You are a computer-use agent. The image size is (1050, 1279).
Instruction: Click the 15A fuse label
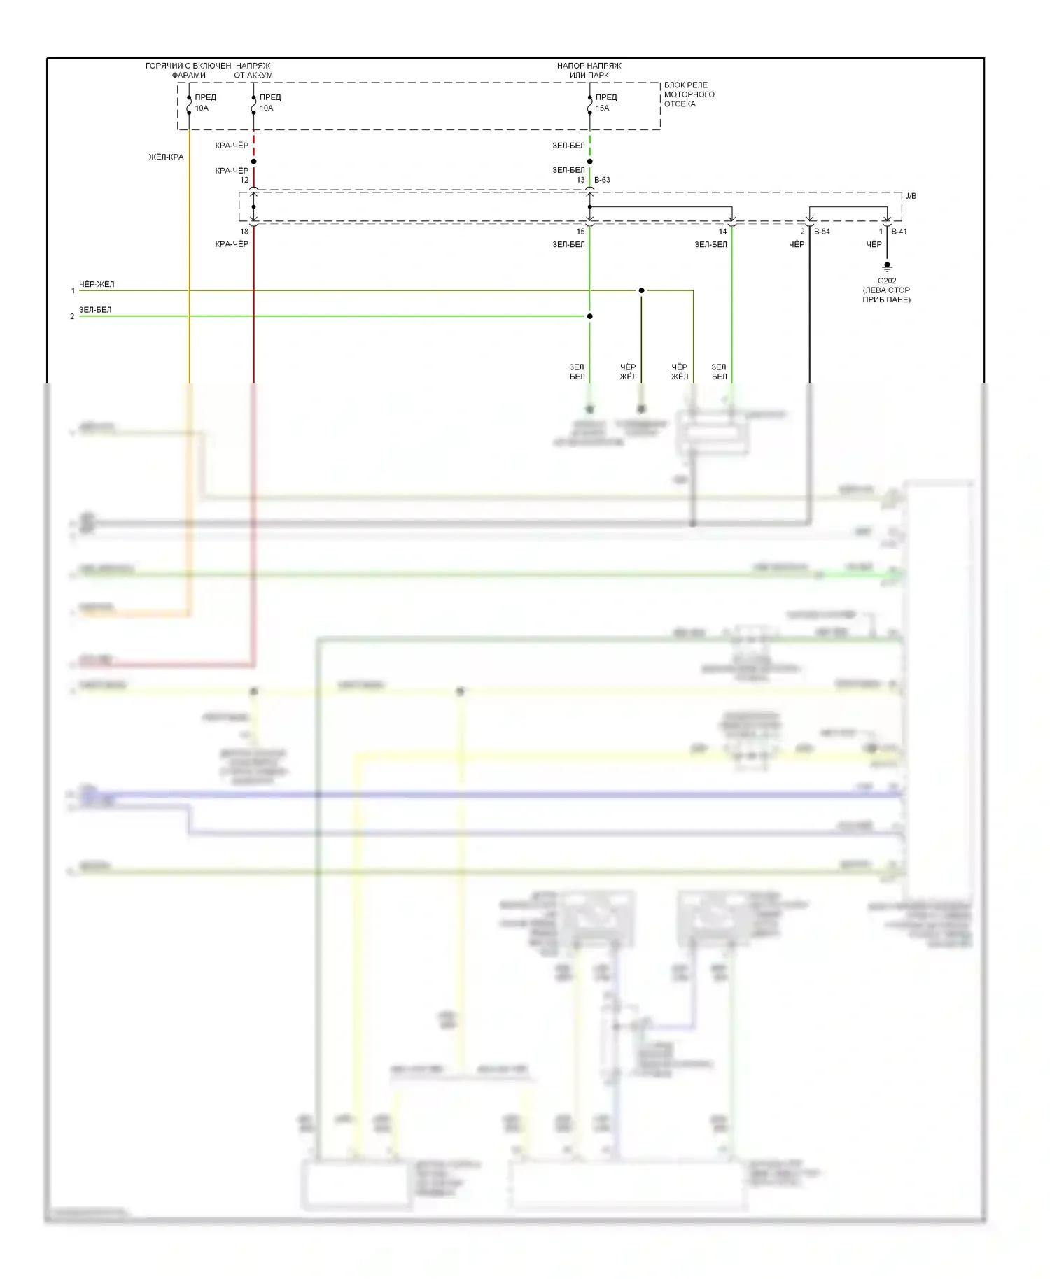tap(602, 108)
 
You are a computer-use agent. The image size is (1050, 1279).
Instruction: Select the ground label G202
tap(886, 281)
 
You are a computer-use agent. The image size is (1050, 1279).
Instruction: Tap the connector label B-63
tap(602, 180)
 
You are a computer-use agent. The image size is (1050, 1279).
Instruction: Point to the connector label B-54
tap(822, 232)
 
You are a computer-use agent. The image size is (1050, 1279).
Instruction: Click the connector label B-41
tap(899, 232)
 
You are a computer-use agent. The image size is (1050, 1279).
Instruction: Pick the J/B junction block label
tap(910, 196)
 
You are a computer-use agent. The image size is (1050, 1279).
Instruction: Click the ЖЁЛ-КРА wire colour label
tap(166, 157)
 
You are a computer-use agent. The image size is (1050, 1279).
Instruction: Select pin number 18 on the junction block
tap(244, 232)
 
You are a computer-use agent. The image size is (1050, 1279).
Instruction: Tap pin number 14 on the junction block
tap(722, 232)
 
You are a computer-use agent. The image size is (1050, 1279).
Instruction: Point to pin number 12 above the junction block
tap(244, 180)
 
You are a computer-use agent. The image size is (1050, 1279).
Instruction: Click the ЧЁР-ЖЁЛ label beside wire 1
tap(97, 284)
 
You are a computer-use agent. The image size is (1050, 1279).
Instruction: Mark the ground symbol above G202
tap(887, 267)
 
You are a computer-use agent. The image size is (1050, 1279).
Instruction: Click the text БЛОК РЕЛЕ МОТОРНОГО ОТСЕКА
tap(689, 94)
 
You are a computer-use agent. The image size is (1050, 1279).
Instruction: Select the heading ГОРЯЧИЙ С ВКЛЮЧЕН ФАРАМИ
tap(188, 70)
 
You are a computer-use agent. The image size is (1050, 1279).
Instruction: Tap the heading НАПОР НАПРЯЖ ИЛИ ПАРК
tap(589, 70)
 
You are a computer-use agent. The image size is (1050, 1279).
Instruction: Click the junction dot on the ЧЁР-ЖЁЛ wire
tap(641, 290)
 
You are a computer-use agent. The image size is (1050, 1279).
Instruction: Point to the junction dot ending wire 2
tap(589, 316)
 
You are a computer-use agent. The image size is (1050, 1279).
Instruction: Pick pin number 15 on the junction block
tap(580, 232)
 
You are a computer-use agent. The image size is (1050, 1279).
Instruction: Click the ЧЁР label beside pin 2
tap(797, 244)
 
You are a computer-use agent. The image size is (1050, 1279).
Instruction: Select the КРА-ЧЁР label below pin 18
tap(232, 244)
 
